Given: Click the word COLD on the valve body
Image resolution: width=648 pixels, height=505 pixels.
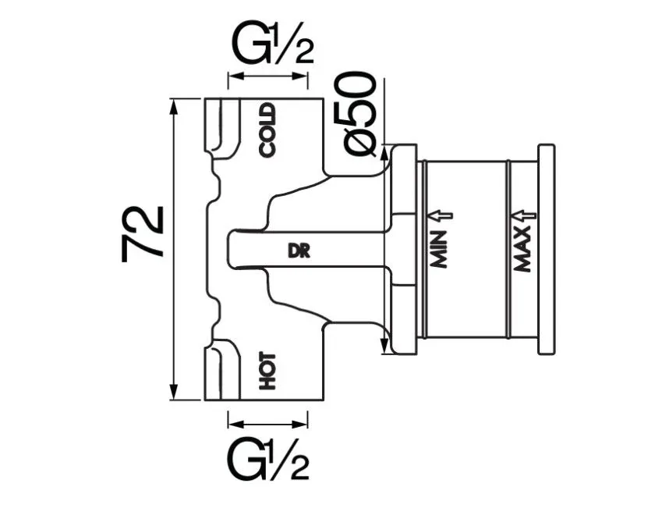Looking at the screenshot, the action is point(267,130).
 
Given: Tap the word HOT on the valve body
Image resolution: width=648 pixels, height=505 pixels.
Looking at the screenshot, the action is point(267,371).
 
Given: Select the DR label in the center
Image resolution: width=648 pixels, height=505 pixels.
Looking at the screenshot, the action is point(299,251).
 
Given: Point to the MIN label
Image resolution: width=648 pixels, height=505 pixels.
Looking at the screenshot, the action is point(439,248).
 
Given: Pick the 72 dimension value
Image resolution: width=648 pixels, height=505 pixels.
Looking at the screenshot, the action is point(143,233).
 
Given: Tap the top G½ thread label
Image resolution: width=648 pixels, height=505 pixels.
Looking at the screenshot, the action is point(272,44).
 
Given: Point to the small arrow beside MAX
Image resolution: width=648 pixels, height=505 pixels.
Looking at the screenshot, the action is point(523,215).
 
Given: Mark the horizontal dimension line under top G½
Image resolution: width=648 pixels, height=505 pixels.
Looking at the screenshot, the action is point(267,76).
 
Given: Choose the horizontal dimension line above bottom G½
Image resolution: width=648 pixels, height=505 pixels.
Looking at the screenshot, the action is point(267,424).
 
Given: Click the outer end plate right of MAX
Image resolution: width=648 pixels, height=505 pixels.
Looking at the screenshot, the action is point(547,250).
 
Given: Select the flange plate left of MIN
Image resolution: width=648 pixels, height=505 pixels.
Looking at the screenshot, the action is point(404,250).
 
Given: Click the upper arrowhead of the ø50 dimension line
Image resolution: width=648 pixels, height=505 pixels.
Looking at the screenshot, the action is point(384,155).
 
